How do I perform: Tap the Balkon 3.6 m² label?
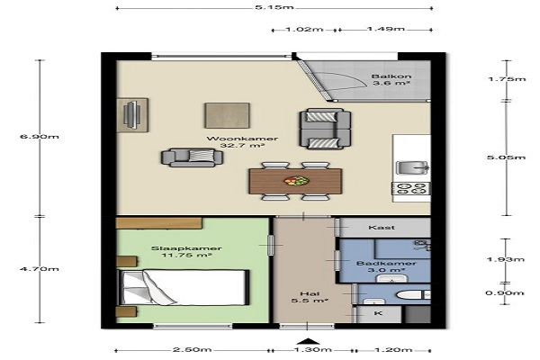point(391,80)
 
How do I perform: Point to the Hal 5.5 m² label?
point(310,297)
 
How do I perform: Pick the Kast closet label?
point(382,228)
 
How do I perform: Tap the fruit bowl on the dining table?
point(296,181)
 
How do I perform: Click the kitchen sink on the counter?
point(412,167)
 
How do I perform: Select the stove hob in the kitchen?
point(411,189)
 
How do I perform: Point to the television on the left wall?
point(131,114)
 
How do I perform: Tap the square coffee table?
point(227,115)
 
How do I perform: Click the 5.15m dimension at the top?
point(274,7)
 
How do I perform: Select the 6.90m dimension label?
point(40,137)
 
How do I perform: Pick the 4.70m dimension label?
point(40,269)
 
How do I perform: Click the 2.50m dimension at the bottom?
point(192,350)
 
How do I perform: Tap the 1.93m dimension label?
point(506,259)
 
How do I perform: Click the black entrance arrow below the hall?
point(308,341)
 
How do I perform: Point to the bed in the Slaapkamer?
point(184,287)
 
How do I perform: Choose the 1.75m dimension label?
point(507,79)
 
